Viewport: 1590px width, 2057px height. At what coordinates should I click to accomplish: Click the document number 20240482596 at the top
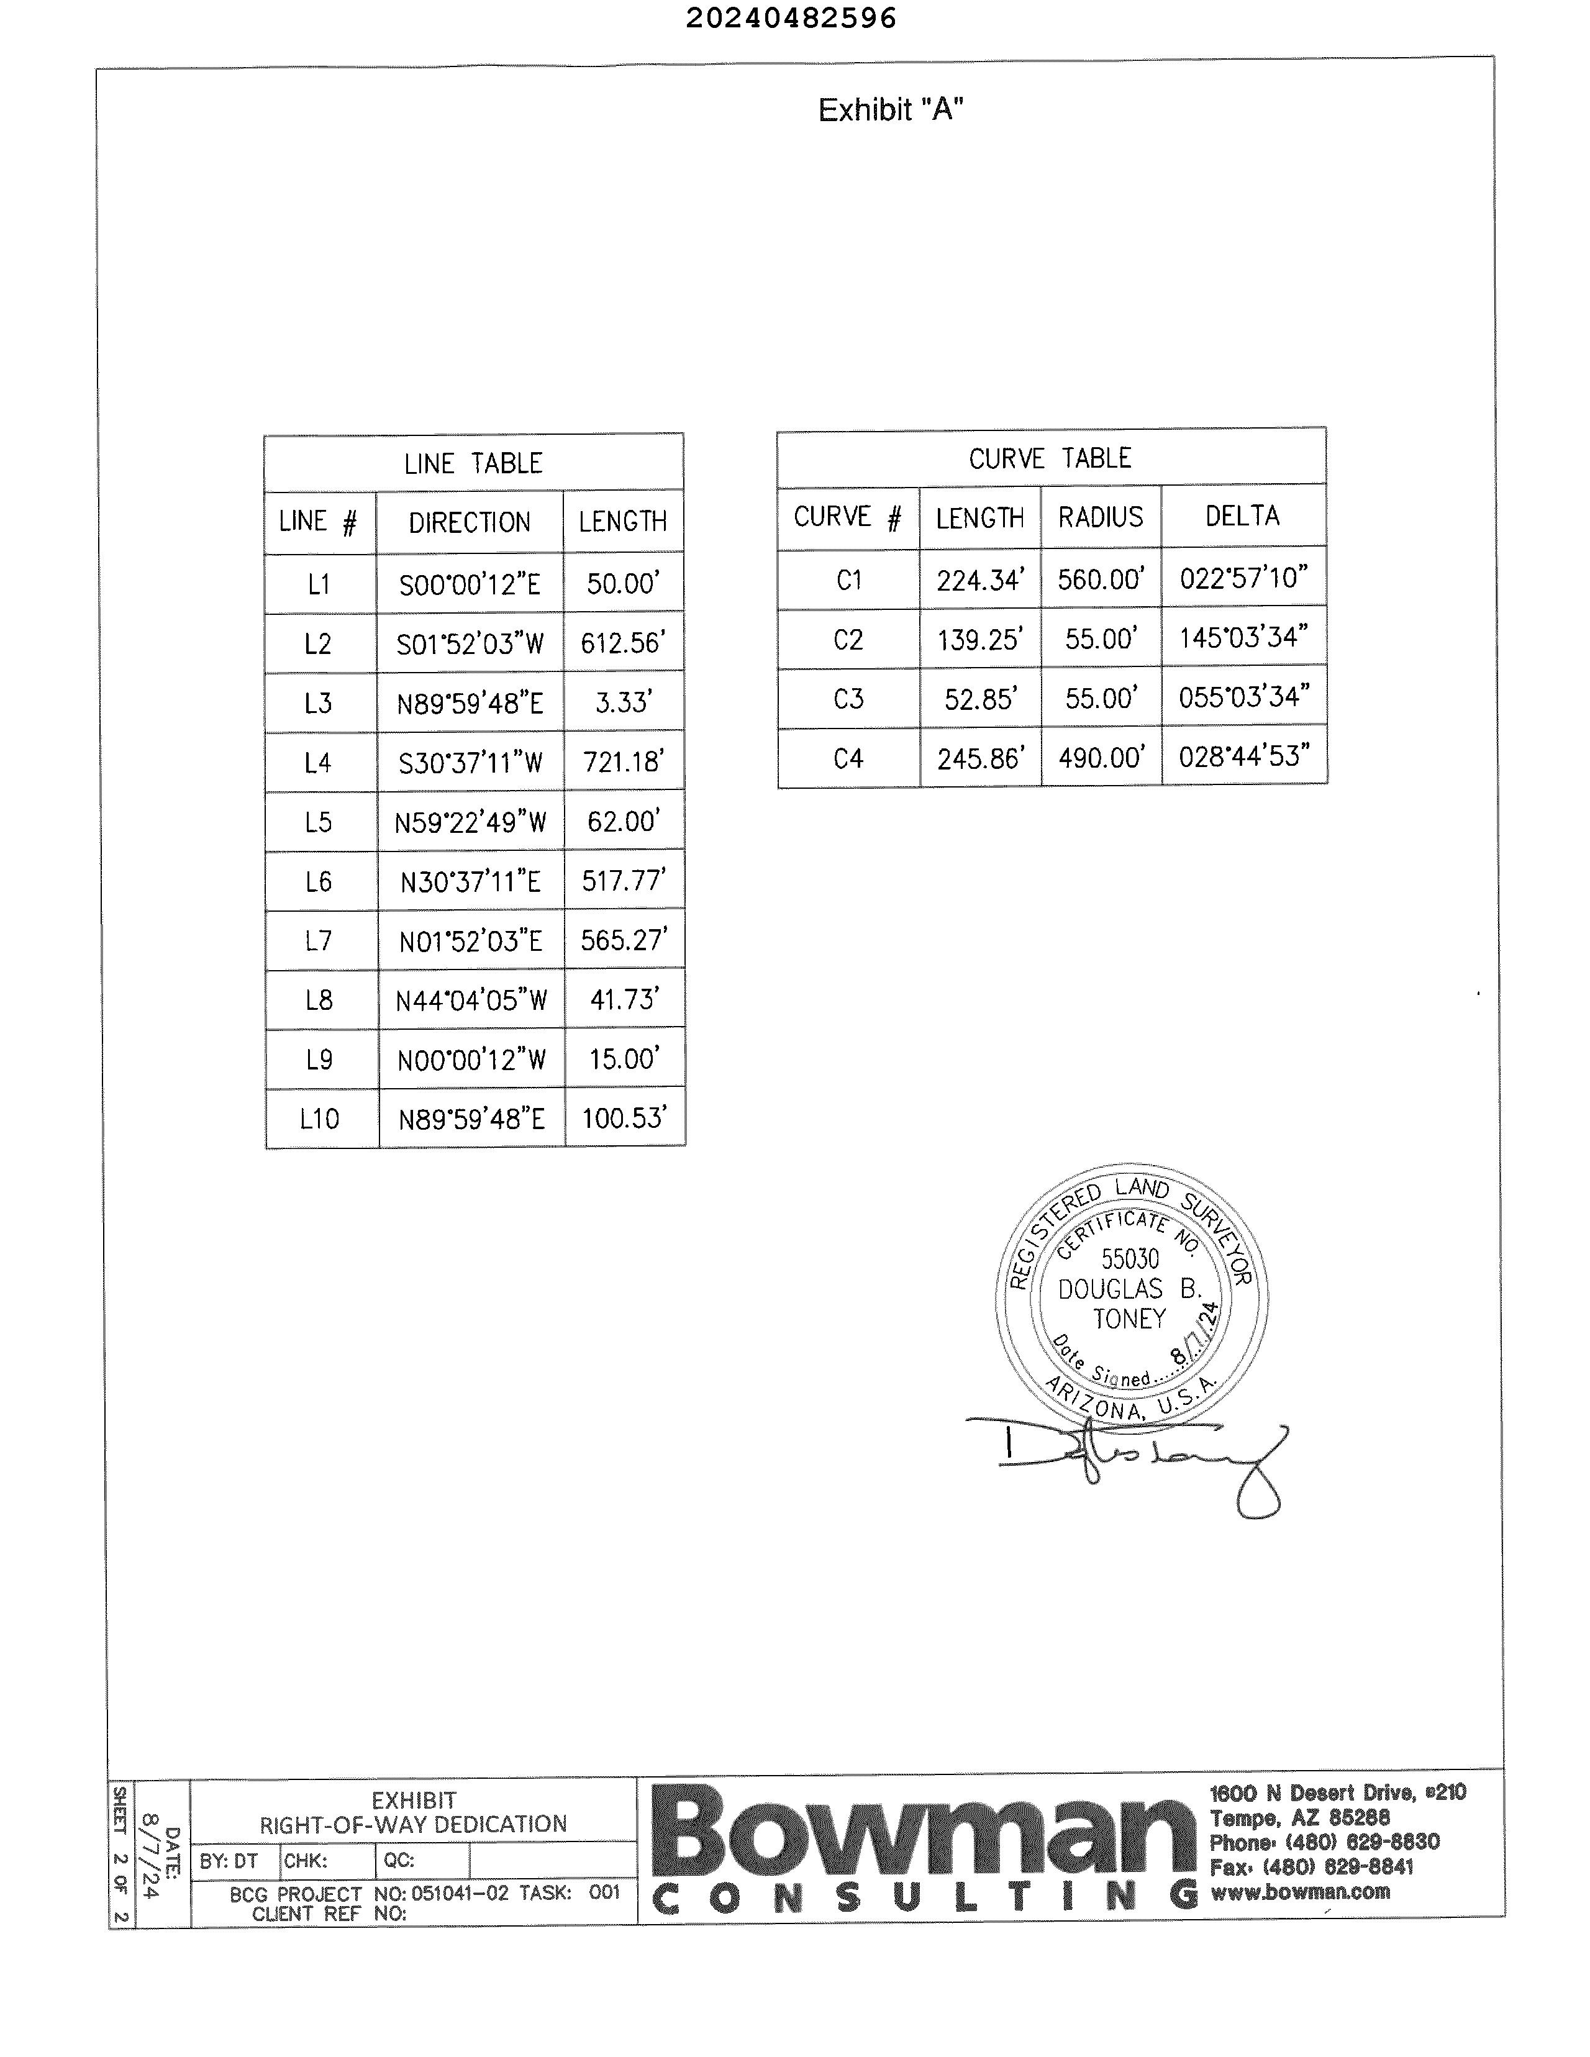[790, 18]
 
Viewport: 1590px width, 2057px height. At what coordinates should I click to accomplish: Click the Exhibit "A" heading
[890, 110]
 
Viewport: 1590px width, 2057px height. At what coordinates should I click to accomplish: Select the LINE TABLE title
[473, 463]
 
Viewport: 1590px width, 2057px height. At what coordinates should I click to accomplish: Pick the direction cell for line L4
[470, 763]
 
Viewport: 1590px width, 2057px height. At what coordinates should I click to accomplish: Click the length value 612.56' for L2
[622, 643]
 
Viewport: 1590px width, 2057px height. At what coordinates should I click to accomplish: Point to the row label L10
[319, 1119]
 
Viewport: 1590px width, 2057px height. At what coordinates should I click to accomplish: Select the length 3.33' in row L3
[622, 702]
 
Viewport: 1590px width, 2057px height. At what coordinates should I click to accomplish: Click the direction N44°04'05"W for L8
[471, 1001]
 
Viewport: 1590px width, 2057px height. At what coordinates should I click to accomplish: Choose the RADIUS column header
[1100, 517]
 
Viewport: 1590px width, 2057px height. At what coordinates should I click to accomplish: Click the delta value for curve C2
[1243, 638]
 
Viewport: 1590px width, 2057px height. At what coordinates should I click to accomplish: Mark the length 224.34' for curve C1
[979, 579]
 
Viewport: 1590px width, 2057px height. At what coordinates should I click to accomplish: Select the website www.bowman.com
[1300, 1891]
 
